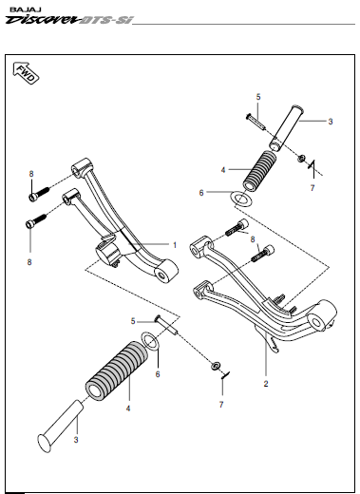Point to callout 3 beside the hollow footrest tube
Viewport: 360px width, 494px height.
[329, 122]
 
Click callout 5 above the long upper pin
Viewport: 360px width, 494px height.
[256, 98]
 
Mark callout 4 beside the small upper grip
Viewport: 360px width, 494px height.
[223, 170]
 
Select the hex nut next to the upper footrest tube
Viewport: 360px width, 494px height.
[301, 158]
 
